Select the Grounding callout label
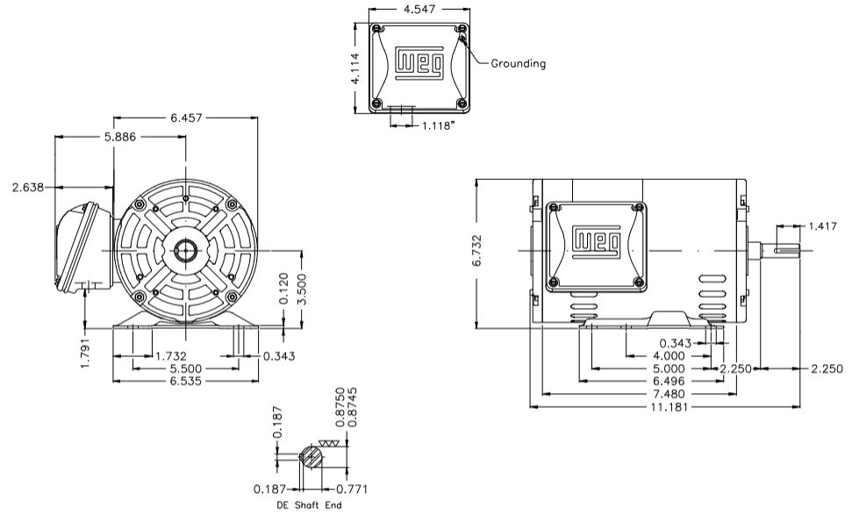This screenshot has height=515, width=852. [518, 63]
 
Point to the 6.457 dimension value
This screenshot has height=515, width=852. [186, 118]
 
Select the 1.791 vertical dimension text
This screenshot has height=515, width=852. [85, 349]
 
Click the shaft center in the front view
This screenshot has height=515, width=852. [186, 251]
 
